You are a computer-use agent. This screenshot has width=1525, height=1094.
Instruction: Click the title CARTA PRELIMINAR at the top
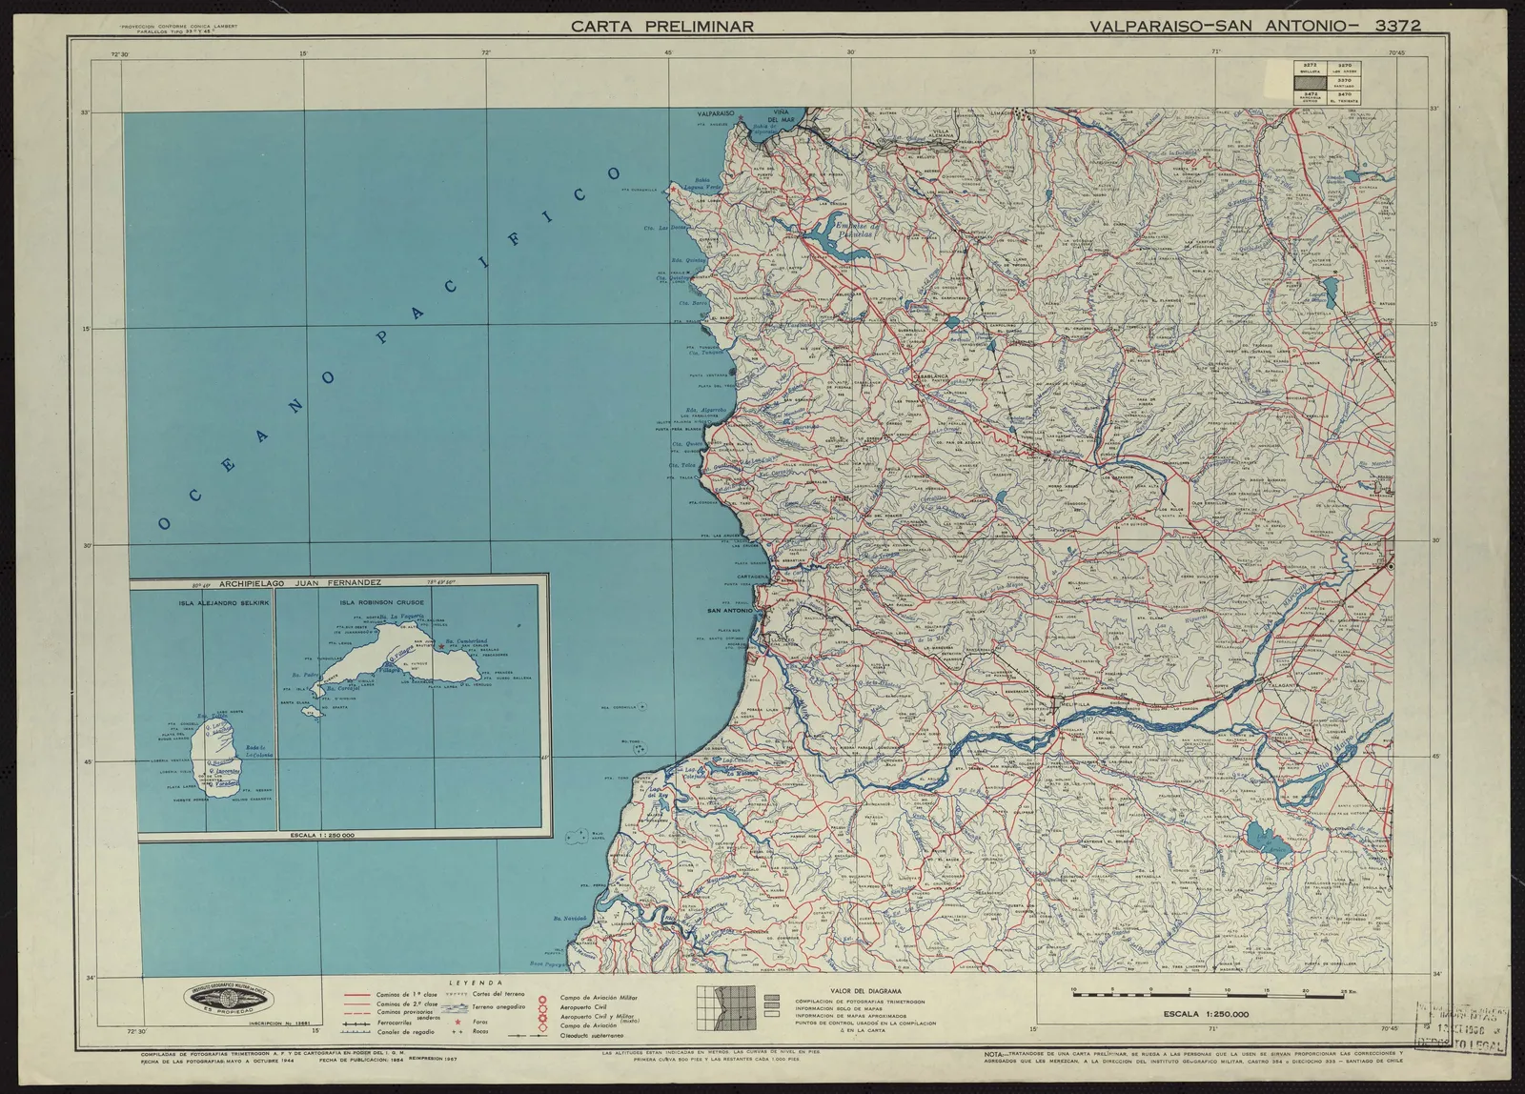pos(661,26)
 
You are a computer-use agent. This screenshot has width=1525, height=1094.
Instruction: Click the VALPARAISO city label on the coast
pos(715,112)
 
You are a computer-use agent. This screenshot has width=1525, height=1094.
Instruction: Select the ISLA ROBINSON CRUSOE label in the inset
pos(379,603)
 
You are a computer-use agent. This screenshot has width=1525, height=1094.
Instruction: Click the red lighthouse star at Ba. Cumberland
pos(443,646)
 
